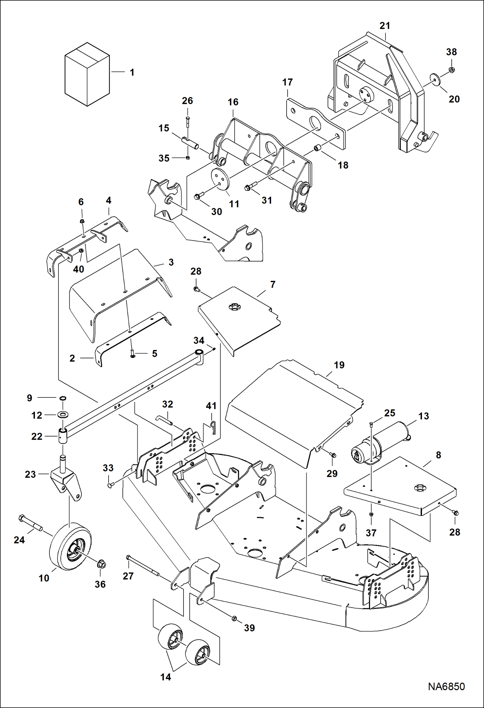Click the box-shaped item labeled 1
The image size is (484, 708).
click(87, 74)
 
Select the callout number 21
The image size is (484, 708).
click(384, 26)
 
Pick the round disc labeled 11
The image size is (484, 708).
click(220, 178)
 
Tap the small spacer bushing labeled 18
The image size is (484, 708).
click(317, 149)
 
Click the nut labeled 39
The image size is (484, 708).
click(235, 618)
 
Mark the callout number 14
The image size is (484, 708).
click(165, 677)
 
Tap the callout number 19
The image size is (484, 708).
click(339, 365)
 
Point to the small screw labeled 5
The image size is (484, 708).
click(132, 354)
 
